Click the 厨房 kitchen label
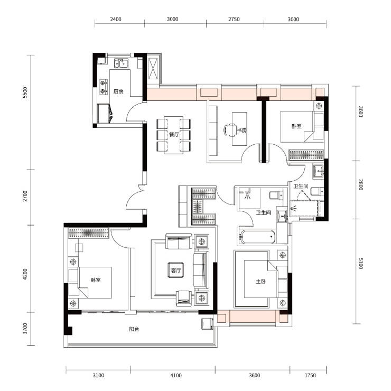(118, 92)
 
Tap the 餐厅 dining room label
(174, 135)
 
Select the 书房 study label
(241, 130)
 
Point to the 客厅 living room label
(176, 271)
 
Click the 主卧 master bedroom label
(260, 282)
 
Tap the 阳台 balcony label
(134, 329)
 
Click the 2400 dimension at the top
(116, 19)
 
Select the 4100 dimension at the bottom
(176, 375)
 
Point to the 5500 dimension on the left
(25, 93)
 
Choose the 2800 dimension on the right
(360, 184)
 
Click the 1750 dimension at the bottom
(310, 375)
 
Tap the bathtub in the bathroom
(257, 236)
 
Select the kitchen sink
(121, 63)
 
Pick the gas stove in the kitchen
(104, 87)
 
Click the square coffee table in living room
(176, 270)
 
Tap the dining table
(173, 135)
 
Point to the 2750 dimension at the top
(234, 19)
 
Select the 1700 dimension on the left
(25, 329)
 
